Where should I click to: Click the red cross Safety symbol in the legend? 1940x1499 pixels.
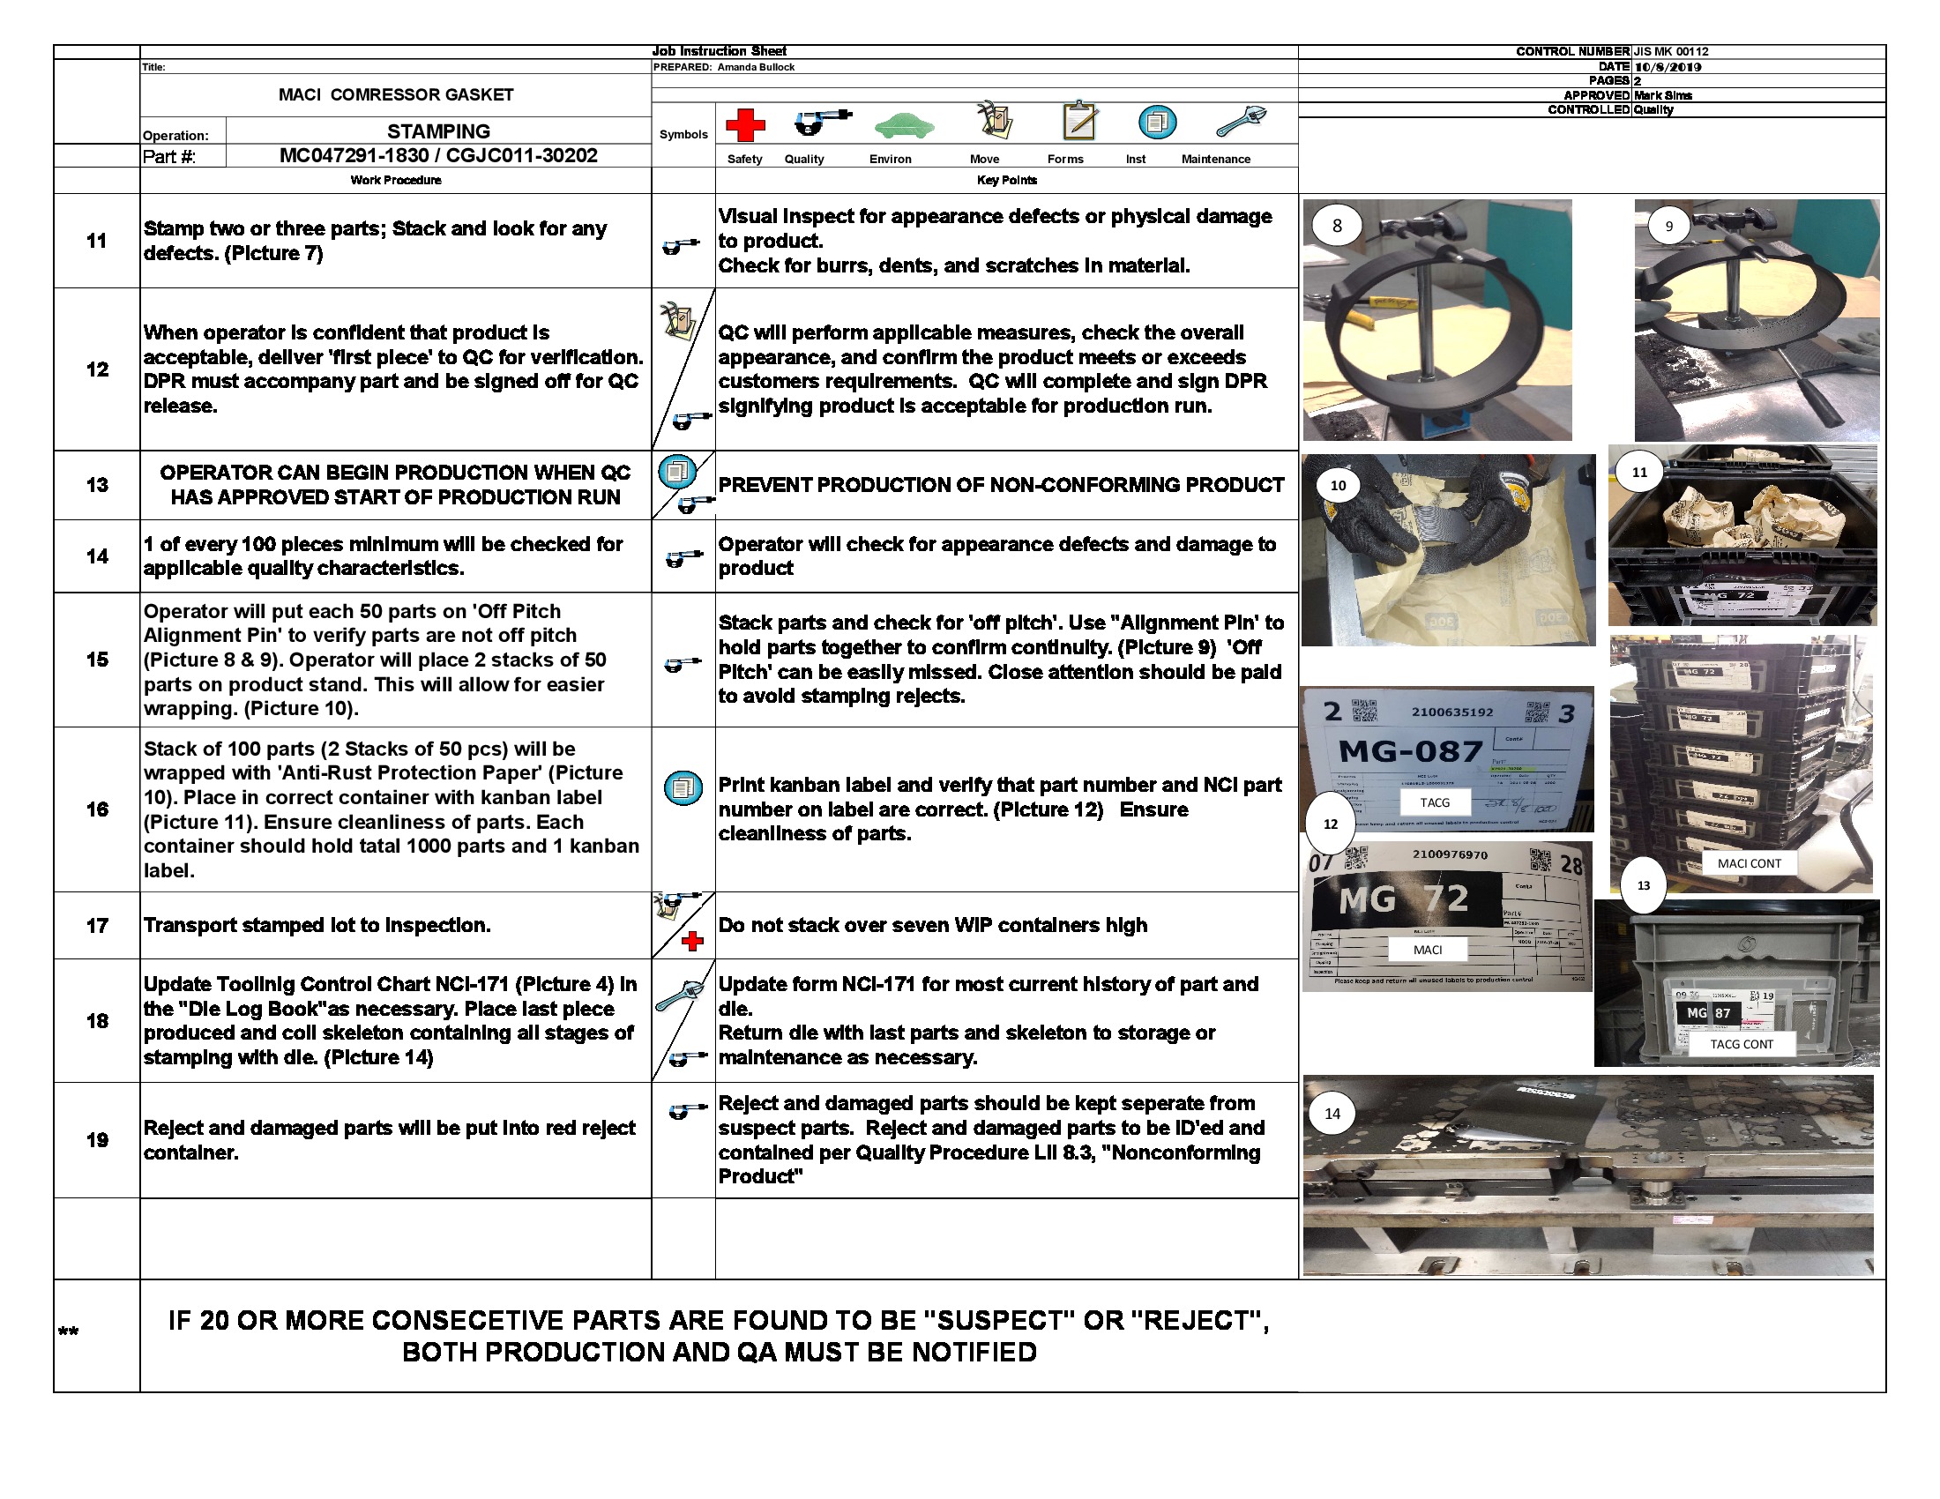pyautogui.click(x=745, y=125)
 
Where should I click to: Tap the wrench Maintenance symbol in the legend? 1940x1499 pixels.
pyautogui.click(x=1240, y=121)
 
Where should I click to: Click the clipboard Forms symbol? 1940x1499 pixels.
pyautogui.click(x=1079, y=120)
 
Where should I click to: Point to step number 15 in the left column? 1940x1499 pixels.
pyautogui.click(x=97, y=659)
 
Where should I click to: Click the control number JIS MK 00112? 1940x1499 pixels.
pyautogui.click(x=1670, y=51)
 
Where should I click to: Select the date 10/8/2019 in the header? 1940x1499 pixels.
pyautogui.click(x=1668, y=67)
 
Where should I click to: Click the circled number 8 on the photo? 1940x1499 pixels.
pyautogui.click(x=1336, y=226)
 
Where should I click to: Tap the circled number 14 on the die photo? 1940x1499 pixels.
pyautogui.click(x=1332, y=1114)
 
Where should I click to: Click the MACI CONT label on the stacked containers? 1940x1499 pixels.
pyautogui.click(x=1748, y=863)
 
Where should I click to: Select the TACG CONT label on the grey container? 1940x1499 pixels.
pyautogui.click(x=1741, y=1044)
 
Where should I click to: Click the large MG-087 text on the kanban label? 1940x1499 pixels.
pyautogui.click(x=1410, y=752)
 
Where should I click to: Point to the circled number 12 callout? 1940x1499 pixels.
pyautogui.click(x=1330, y=824)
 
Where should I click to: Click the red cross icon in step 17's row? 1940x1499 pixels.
pyautogui.click(x=692, y=942)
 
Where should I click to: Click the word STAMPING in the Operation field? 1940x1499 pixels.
pyautogui.click(x=438, y=131)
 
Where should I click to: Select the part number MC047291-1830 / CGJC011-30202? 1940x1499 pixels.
pyautogui.click(x=438, y=155)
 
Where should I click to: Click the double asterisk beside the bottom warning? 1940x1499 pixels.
pyautogui.click(x=69, y=1331)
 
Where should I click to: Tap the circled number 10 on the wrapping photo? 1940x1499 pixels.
pyautogui.click(x=1338, y=486)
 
